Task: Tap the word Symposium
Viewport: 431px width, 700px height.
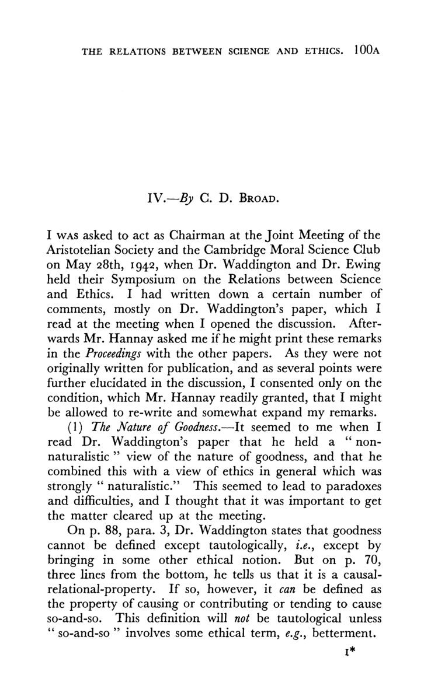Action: point(139,282)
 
